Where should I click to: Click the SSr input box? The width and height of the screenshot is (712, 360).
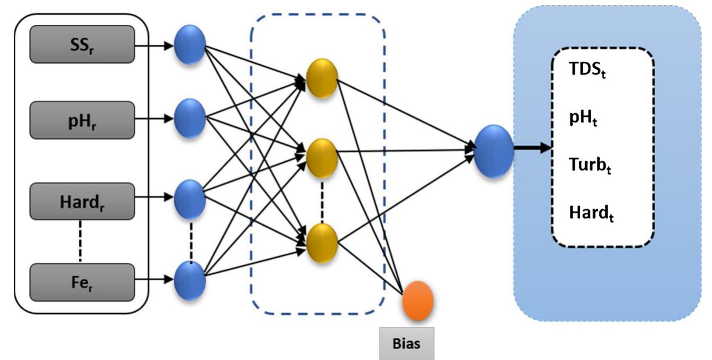pos(81,44)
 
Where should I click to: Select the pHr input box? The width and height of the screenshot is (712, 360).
pos(81,121)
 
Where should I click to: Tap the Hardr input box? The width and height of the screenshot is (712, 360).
pos(81,201)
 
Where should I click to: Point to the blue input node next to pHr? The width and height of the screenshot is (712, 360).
pos(189,118)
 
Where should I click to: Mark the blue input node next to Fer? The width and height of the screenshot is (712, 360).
pos(189,281)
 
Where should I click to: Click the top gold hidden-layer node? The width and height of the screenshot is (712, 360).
pos(322,78)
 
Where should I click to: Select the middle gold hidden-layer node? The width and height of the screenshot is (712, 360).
pos(322,158)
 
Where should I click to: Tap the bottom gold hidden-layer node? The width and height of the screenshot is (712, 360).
pos(322,242)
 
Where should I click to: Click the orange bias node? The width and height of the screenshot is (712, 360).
pos(418,302)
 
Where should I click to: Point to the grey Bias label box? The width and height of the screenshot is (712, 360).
pos(407,343)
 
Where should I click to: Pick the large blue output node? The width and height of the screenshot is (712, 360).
pos(494,152)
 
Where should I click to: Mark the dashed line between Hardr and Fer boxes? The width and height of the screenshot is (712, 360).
pos(81,241)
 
